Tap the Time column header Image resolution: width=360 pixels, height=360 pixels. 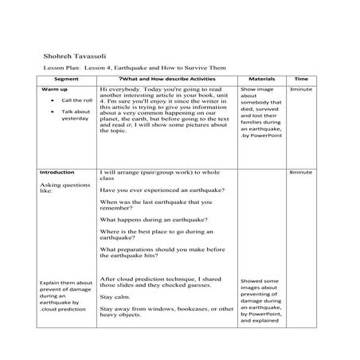[x=301, y=80]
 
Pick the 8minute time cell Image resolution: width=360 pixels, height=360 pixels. [x=301, y=172]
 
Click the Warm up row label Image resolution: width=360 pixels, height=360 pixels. [x=53, y=90]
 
